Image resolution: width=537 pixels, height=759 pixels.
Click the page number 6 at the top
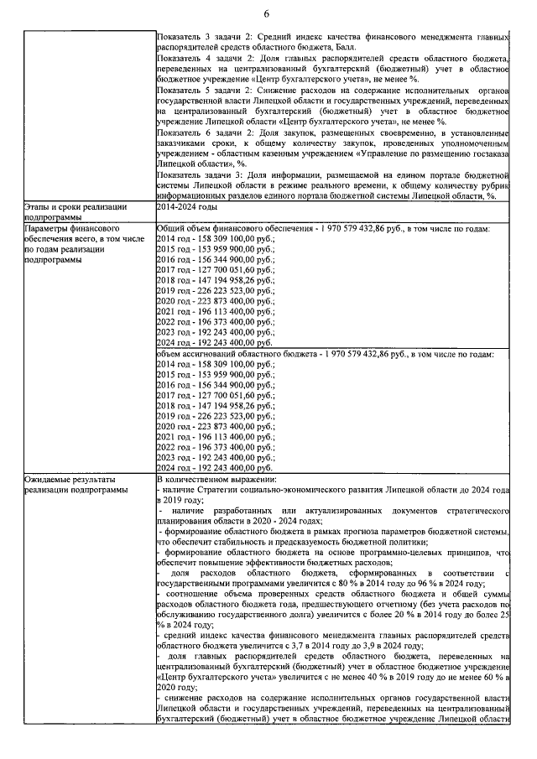pyautogui.click(x=266, y=13)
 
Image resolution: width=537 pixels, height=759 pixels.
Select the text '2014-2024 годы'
pyautogui.click(x=187, y=206)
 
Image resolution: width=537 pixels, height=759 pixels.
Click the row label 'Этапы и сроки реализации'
pyautogui.click(x=76, y=206)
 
